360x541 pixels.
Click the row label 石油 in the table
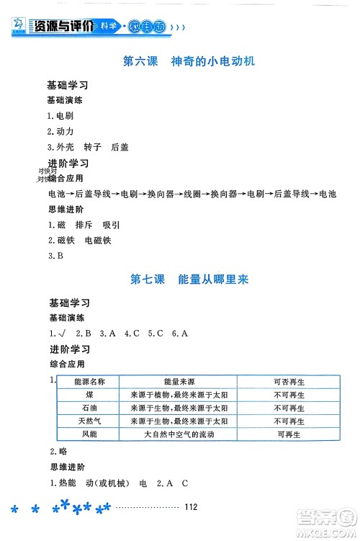89,408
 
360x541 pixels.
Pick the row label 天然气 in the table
89,421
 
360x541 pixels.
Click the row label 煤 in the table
89,395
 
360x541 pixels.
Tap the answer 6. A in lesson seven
179,333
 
